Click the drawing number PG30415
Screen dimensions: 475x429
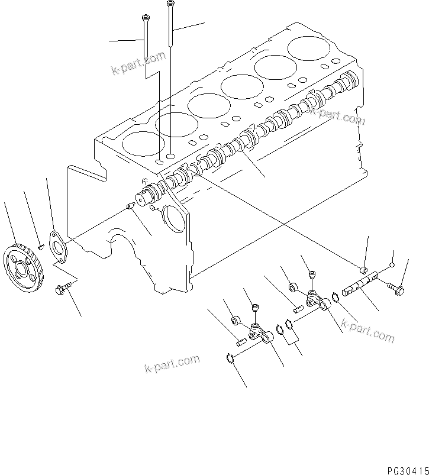[408, 470]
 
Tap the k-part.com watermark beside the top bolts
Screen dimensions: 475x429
[138, 63]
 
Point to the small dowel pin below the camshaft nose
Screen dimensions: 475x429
[130, 206]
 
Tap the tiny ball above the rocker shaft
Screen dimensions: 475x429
[392, 266]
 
